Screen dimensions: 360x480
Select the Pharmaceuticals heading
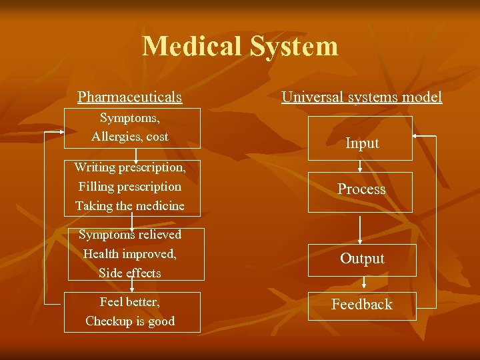(x=129, y=97)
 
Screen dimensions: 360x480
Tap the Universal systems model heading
(x=361, y=97)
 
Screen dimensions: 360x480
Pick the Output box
(x=362, y=259)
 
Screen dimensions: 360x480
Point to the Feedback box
(x=362, y=305)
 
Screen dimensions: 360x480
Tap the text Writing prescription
(x=130, y=167)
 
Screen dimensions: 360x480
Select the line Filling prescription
(x=130, y=187)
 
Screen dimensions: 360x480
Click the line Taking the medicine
(x=130, y=206)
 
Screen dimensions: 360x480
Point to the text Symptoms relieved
(x=130, y=235)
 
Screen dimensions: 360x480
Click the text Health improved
(x=130, y=254)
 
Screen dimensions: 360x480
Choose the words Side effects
(x=130, y=273)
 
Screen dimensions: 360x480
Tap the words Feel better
(x=130, y=302)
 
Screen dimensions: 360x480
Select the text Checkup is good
(x=130, y=321)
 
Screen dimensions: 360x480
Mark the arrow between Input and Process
(x=361, y=166)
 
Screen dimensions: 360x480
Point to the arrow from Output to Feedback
(x=361, y=284)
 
